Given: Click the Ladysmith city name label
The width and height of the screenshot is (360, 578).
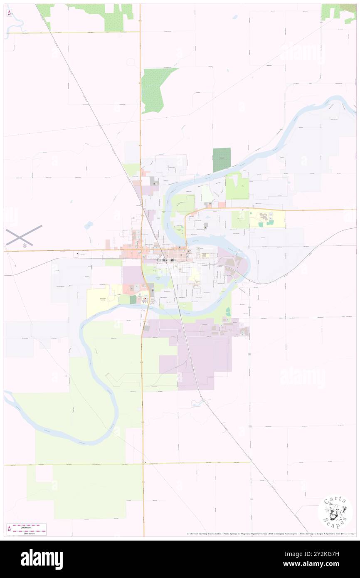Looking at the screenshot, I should tap(166, 260).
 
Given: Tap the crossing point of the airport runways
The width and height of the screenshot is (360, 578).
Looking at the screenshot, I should tap(24, 235).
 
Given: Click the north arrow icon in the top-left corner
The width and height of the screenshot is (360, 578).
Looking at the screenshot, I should tap(9, 12).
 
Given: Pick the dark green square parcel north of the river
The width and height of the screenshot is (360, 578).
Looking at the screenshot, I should tap(221, 159).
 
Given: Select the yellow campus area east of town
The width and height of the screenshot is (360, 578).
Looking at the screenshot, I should tap(267, 219).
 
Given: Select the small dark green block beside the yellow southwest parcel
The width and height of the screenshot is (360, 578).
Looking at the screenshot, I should tap(133, 299).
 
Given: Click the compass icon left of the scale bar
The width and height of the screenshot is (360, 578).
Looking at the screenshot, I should tap(9, 529).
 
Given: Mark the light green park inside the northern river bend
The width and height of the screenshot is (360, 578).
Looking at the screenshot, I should tap(183, 204).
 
